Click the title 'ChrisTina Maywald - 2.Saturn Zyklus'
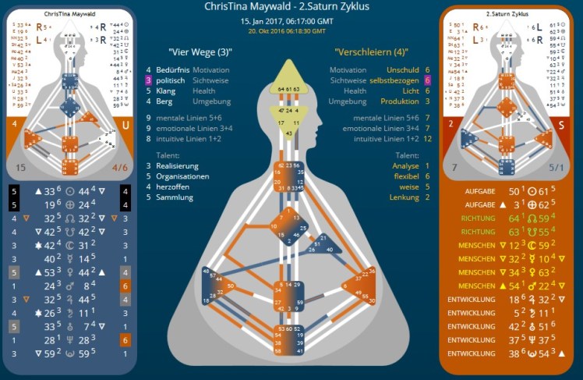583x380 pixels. (x=291, y=6)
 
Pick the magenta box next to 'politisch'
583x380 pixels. (x=147, y=80)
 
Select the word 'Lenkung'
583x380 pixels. (x=404, y=197)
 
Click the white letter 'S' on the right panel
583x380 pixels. (x=560, y=125)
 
